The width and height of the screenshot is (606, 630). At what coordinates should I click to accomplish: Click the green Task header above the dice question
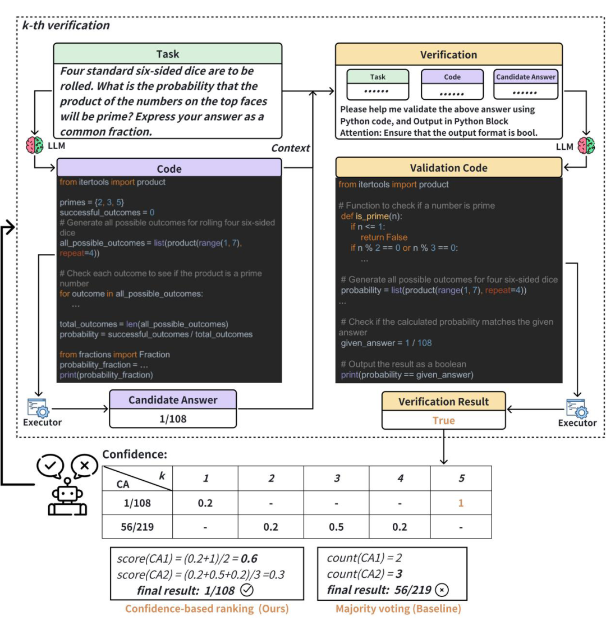pos(168,53)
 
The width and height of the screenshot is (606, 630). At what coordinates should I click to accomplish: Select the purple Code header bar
pos(169,168)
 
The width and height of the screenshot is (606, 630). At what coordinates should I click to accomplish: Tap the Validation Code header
pos(448,167)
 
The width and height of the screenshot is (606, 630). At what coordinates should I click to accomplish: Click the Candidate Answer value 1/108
pos(173,419)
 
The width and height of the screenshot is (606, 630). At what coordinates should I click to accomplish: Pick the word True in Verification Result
pos(444,420)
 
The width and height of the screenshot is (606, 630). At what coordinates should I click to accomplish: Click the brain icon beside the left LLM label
pos(35,145)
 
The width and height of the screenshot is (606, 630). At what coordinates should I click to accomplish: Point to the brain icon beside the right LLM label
pos(586,145)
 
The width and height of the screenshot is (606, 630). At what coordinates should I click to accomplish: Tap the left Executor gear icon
pos(38,408)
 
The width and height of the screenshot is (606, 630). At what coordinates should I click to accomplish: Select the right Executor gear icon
pos(577,408)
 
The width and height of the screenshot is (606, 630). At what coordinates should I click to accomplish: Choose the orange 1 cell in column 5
pos(461,503)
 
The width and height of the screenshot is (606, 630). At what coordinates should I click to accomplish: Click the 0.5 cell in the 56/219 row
pos(336,527)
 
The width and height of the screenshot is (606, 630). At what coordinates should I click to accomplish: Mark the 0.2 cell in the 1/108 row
pos(205,503)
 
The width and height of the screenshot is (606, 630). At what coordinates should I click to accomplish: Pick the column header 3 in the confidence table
pos(337,478)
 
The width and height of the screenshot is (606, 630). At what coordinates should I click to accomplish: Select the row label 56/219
pos(137,527)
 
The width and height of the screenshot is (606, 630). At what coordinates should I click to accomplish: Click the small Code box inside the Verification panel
pos(452,84)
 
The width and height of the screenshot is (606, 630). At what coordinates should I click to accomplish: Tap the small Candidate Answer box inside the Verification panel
pos(526,84)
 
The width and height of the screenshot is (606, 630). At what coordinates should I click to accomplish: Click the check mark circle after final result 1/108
pos(247,590)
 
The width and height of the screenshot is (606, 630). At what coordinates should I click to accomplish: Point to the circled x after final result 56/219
pos(442,590)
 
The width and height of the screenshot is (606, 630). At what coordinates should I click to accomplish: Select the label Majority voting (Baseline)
pos(398,609)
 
